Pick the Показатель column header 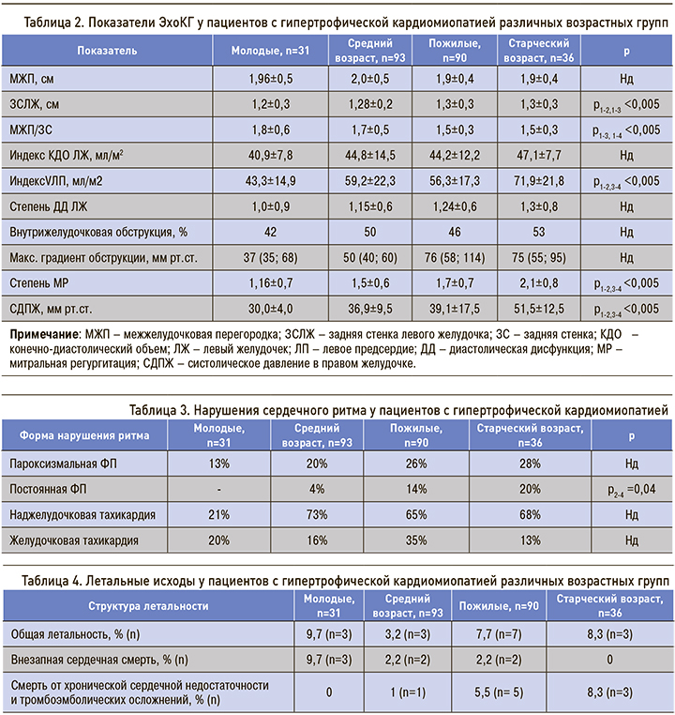[106, 50]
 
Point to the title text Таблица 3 [165, 410]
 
